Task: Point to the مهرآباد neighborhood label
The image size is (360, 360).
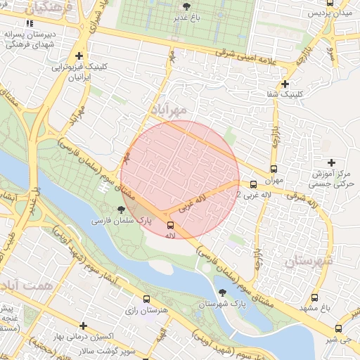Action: click(169, 110)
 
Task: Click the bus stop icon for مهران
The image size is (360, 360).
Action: click(274, 169)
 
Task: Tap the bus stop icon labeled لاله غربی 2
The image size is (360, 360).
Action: click(253, 184)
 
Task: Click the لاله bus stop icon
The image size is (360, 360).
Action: click(169, 225)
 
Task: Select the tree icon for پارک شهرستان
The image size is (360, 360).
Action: click(223, 292)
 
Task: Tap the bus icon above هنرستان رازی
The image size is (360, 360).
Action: click(146, 299)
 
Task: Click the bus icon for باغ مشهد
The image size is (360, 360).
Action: click(314, 297)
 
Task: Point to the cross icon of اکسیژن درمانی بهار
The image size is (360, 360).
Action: click(84, 326)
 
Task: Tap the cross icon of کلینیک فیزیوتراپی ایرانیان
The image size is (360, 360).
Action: click(79, 56)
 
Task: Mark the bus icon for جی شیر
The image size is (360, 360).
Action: click(339, 328)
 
